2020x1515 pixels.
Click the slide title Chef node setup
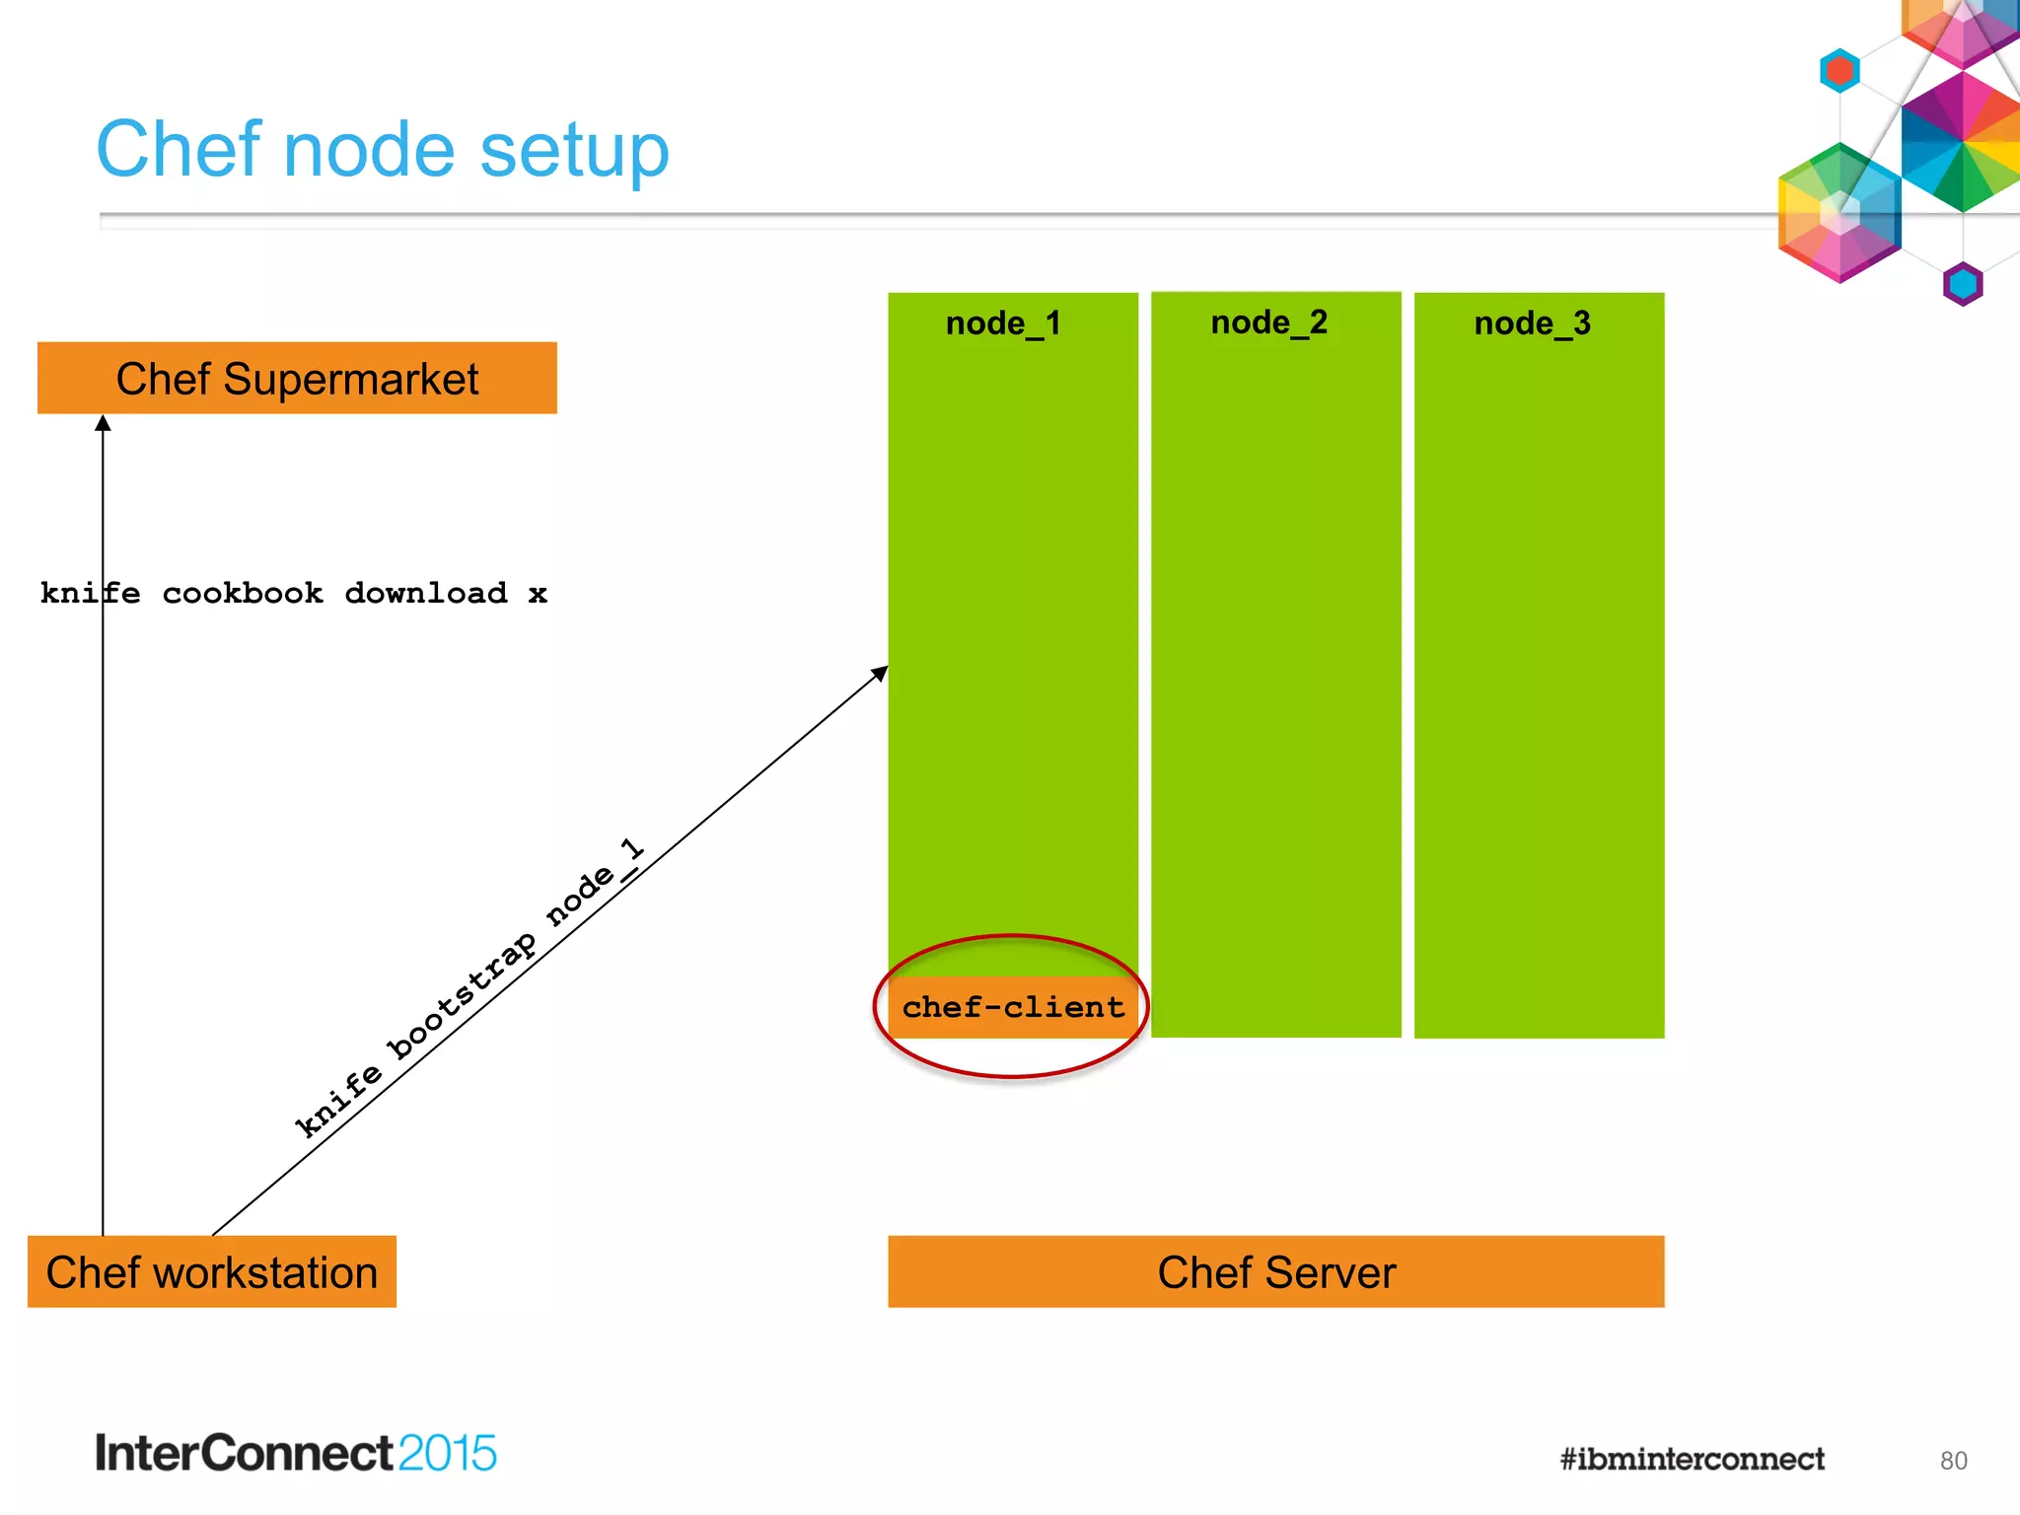point(382,150)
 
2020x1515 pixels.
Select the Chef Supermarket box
point(296,378)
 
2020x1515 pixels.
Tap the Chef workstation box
point(211,1271)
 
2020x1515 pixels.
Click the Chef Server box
point(1275,1271)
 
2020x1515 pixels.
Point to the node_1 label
point(1002,324)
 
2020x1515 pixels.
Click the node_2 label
point(1268,323)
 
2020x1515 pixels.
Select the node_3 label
point(1532,324)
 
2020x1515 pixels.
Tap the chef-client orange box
point(1012,1007)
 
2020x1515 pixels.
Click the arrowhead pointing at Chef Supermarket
point(103,423)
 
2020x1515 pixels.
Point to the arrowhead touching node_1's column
point(879,674)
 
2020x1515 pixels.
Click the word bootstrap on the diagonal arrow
point(463,996)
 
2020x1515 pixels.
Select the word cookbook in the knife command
point(243,593)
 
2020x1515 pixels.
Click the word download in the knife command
point(425,593)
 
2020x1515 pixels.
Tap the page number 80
point(1952,1461)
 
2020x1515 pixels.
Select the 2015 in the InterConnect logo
point(447,1453)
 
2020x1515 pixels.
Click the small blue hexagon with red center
point(1839,71)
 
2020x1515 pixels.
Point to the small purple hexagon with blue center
point(1962,285)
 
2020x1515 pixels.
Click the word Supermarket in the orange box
point(351,379)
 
